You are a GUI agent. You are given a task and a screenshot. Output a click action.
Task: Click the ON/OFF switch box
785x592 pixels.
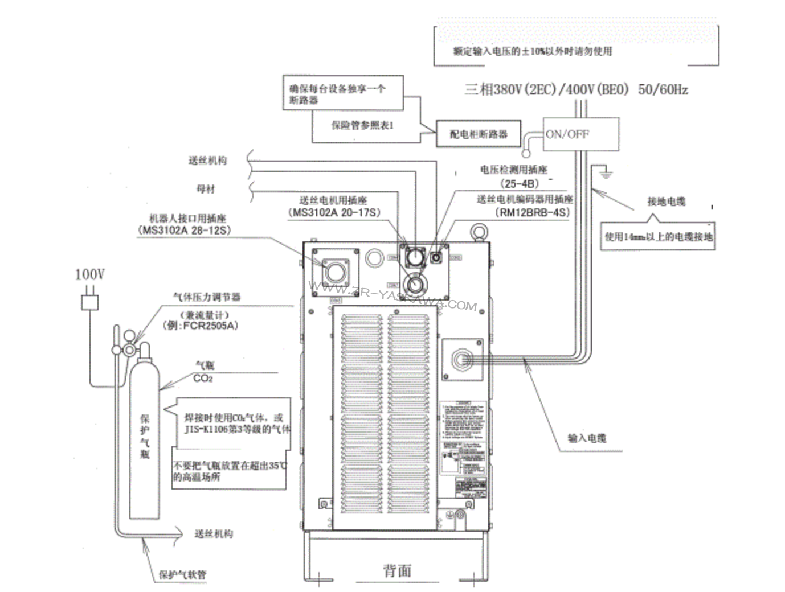580,134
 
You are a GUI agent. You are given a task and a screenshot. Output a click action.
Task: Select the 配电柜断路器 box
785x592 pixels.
478,134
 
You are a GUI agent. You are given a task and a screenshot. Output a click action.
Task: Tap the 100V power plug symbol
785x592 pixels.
89,301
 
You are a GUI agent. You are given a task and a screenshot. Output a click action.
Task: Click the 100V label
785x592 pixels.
89,274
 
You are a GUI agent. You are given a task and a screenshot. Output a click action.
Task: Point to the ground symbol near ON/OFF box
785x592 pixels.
606,172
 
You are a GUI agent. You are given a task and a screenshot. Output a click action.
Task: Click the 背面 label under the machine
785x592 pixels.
397,570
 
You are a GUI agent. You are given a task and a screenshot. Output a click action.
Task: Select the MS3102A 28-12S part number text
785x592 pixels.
184,231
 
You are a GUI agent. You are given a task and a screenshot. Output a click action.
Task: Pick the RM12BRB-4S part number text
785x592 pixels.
532,213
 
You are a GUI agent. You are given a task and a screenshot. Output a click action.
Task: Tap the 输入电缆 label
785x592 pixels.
587,438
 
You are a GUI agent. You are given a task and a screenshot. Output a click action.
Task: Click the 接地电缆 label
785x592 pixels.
666,201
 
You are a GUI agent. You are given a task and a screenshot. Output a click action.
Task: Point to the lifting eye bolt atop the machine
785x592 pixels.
478,232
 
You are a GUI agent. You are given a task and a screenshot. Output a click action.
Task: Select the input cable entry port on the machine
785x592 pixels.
461,359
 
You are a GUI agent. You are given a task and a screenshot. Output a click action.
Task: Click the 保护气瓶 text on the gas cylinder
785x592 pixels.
145,436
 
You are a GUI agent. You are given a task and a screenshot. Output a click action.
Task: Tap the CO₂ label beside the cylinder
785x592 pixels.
203,379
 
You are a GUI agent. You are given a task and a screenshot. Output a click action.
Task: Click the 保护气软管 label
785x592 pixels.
182,574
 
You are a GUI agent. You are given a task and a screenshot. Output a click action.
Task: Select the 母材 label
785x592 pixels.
206,188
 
